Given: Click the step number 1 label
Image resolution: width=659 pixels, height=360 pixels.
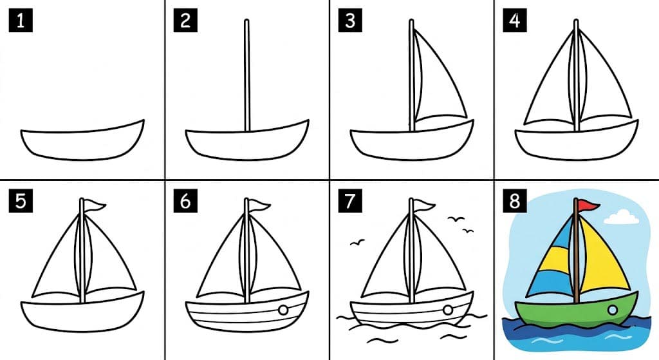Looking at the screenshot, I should (20, 21).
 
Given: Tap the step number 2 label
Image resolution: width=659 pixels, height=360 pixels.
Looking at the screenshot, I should (185, 21).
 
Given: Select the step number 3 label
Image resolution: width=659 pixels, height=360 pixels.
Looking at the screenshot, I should (350, 21).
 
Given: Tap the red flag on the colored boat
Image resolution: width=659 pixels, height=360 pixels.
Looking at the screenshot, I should (588, 205).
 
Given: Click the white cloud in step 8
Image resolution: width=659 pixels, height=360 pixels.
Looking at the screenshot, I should (622, 217).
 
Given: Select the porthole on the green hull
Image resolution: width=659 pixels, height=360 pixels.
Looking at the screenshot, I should (613, 311).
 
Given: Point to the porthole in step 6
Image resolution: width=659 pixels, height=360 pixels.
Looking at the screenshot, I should (283, 310).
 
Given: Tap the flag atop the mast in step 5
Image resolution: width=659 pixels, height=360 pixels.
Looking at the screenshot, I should (95, 205).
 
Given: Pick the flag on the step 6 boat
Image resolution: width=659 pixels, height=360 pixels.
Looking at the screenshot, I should (259, 205).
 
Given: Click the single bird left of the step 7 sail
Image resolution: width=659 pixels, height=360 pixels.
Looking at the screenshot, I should (357, 243).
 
